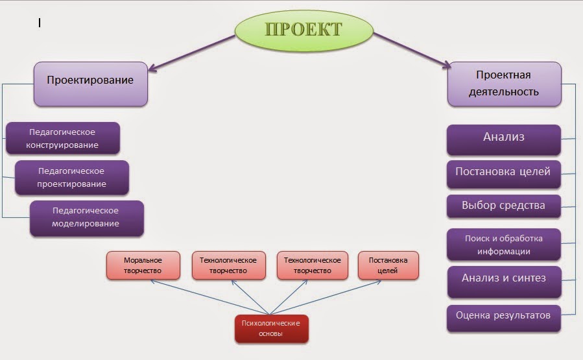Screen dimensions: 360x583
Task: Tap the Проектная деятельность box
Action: pos(504,84)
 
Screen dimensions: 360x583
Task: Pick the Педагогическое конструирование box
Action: pos(62,138)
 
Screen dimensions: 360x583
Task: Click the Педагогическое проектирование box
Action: pos(72,178)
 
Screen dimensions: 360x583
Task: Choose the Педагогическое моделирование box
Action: pos(86,217)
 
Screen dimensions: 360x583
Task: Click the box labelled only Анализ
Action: pos(503,138)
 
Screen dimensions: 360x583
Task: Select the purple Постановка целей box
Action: pos(503,173)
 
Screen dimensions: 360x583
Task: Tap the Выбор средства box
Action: pos(503,206)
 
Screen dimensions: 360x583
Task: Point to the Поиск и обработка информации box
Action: pos(503,245)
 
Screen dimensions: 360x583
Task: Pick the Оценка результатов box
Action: pos(503,317)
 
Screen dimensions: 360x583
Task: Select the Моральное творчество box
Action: pos(143,265)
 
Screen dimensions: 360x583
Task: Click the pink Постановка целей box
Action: pos(388,265)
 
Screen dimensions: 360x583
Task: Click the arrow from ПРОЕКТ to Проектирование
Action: pos(192,52)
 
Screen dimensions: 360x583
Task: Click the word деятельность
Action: pos(504,91)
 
